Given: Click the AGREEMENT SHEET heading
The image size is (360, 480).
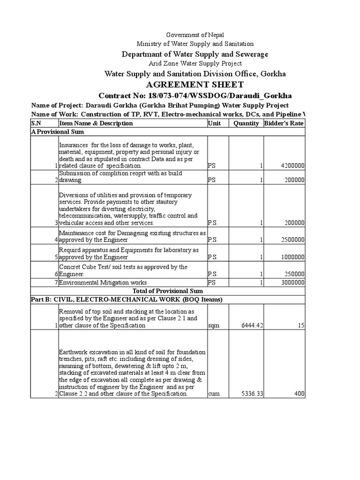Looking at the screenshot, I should tap(195, 84).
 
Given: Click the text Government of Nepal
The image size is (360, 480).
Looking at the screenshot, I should tap(195, 35).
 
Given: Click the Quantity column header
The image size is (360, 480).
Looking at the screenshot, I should tap(246, 123).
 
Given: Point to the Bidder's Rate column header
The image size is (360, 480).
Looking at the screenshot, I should tap(284, 123).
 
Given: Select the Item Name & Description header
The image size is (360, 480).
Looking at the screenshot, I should tap(96, 123).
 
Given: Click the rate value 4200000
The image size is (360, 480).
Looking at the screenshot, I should tap(292, 166).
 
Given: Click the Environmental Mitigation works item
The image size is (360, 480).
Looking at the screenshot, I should tap(103, 283).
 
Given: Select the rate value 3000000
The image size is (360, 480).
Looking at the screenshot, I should tap(292, 283).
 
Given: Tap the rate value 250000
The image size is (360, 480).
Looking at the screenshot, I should tap(294, 274).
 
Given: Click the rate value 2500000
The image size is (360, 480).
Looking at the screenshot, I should tap(292, 240).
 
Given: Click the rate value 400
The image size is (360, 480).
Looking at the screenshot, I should tap(299, 394).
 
